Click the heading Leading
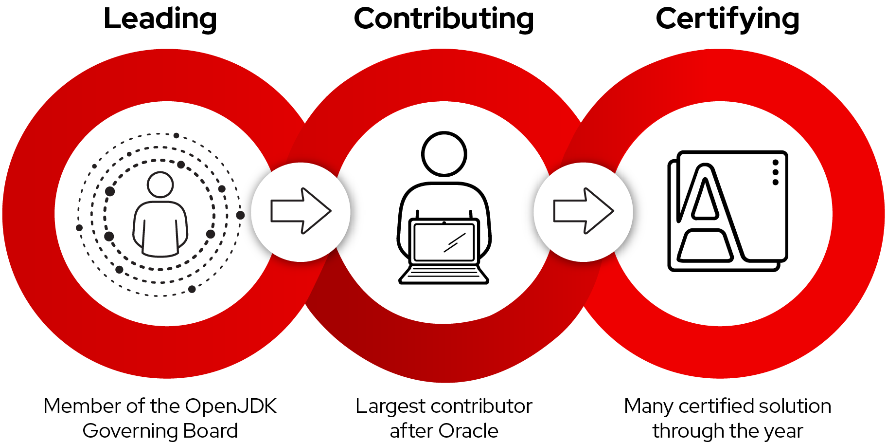[160, 19]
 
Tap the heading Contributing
[443, 19]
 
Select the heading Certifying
[727, 19]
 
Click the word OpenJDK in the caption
[231, 406]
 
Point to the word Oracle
[468, 431]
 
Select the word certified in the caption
[714, 406]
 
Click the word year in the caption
[784, 431]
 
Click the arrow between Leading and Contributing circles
[301, 211]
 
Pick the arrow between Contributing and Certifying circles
[584, 211]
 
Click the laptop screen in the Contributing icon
[443, 242]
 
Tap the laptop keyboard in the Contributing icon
[443, 275]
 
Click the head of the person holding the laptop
[444, 154]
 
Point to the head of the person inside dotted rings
[160, 185]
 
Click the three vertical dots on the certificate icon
[775, 172]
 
